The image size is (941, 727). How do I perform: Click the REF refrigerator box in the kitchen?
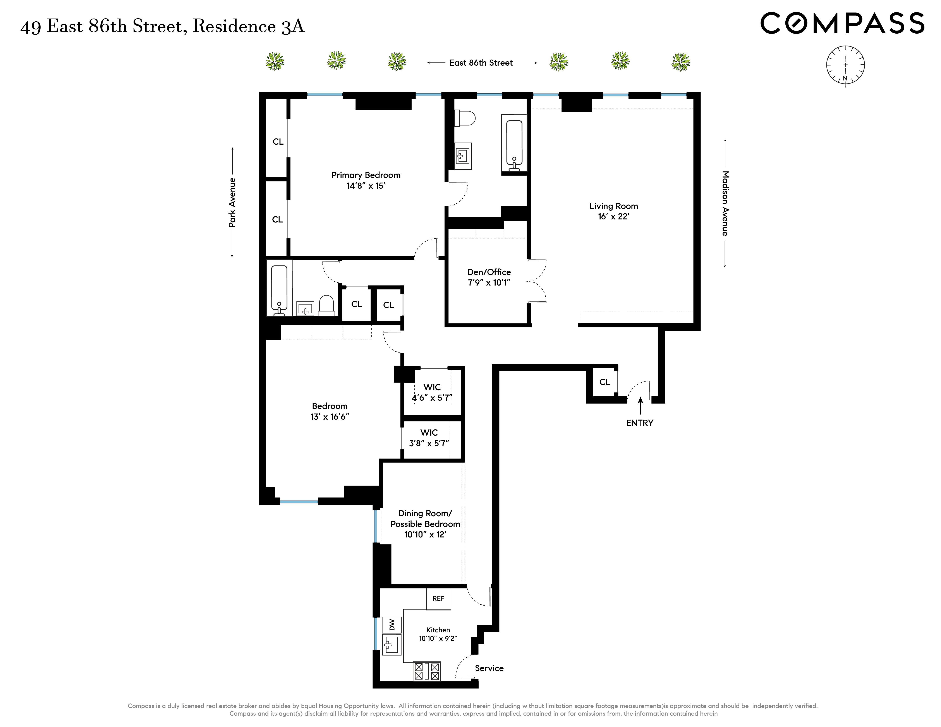pos(438,599)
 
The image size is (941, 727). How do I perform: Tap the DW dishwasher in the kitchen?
pos(392,624)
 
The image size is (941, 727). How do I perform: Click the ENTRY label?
pos(639,423)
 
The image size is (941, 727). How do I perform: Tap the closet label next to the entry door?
pos(604,382)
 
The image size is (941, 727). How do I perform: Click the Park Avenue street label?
pos(232,202)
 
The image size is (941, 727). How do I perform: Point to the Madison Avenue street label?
pos(725,203)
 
